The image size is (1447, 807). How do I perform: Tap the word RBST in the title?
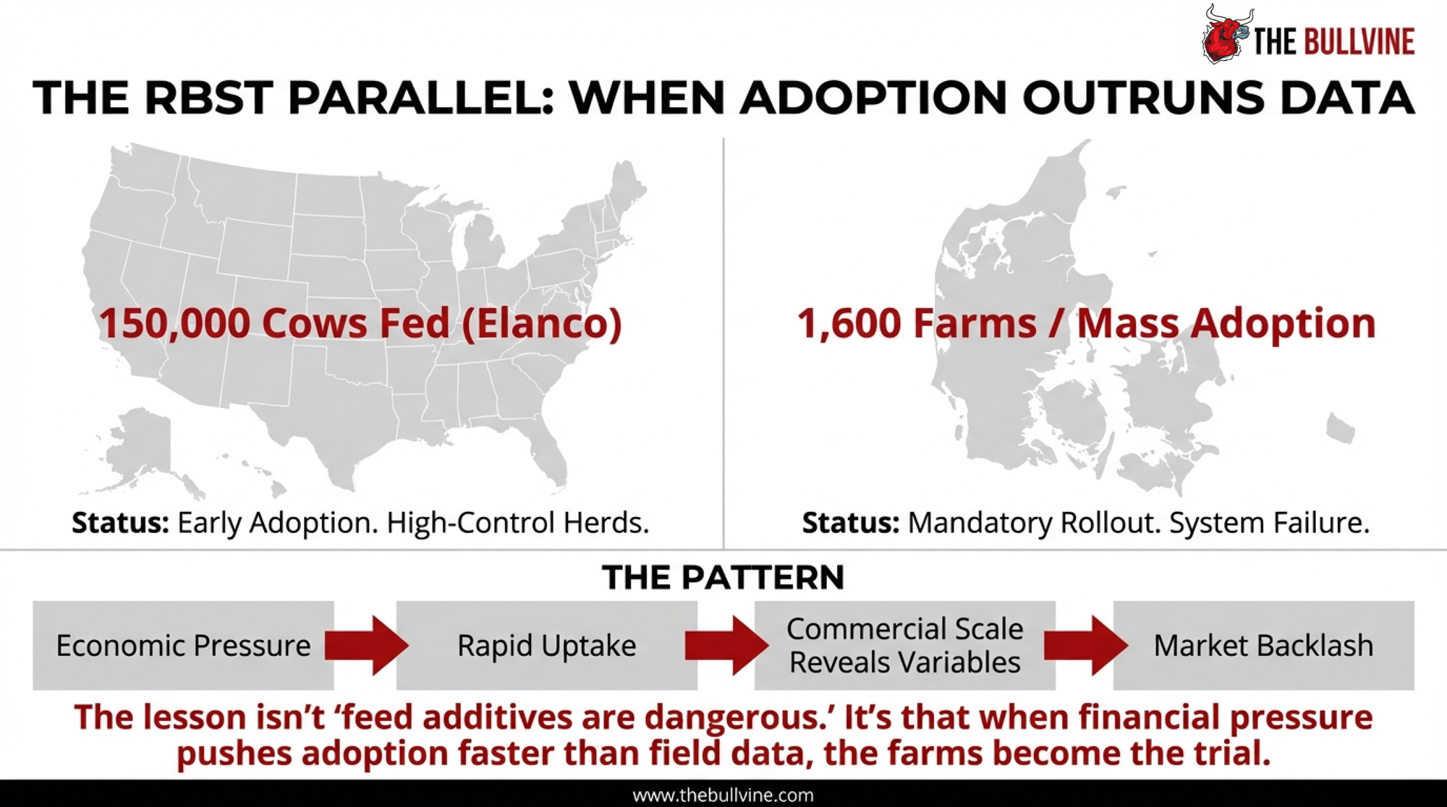pyautogui.click(x=208, y=98)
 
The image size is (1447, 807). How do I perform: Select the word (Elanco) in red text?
pyautogui.click(x=540, y=323)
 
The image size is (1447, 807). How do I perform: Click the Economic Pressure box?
pyautogui.click(x=183, y=645)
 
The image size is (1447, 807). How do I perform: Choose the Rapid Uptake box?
pyautogui.click(x=546, y=645)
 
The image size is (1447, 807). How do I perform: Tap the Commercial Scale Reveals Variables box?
pyautogui.click(x=904, y=645)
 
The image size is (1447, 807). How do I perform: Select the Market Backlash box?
pyautogui.click(x=1263, y=645)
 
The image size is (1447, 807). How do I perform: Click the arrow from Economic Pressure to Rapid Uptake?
pyautogui.click(x=366, y=645)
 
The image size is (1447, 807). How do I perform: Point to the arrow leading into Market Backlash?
pyautogui.click(x=1085, y=645)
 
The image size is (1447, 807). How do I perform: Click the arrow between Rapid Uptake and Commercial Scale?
pyautogui.click(x=726, y=645)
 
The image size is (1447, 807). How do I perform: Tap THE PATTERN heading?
pyautogui.click(x=723, y=578)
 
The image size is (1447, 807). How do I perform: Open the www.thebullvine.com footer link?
pyautogui.click(x=723, y=795)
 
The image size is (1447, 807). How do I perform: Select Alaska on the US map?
pyautogui.click(x=141, y=448)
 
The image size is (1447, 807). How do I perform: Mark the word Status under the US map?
pyautogui.click(x=120, y=522)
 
